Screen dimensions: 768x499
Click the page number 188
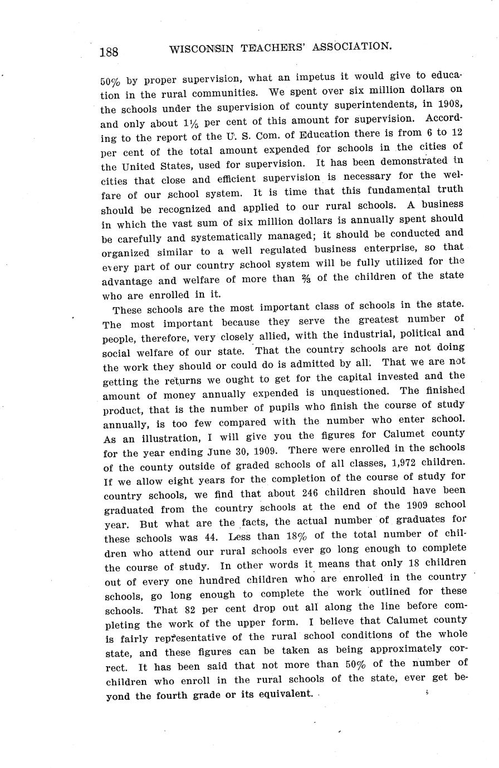[109, 52]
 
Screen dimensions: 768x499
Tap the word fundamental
[395, 190]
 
